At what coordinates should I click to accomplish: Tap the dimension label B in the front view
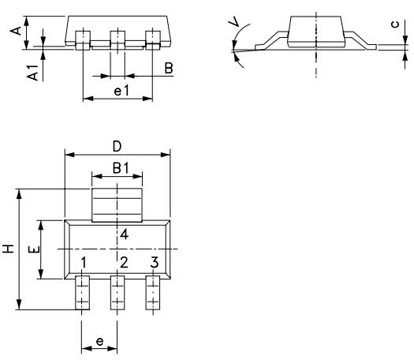(x=169, y=69)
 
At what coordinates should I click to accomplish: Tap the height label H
(x=9, y=249)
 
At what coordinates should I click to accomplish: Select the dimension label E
(x=32, y=249)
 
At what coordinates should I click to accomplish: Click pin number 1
(x=84, y=262)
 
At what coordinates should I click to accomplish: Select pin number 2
(x=124, y=262)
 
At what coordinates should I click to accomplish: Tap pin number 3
(x=155, y=262)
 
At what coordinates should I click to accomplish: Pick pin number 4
(x=124, y=234)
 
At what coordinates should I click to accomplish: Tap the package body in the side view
(x=315, y=28)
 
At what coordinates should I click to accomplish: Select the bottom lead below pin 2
(x=117, y=294)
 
